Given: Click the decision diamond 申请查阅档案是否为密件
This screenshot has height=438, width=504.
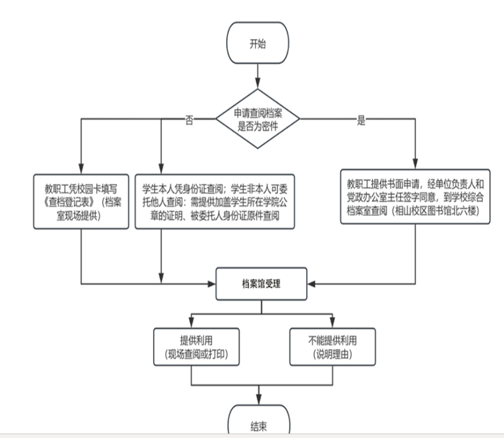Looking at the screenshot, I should click(258, 118).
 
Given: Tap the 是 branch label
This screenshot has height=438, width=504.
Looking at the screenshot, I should click(362, 121).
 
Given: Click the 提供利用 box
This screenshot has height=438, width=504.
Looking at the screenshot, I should click(191, 346).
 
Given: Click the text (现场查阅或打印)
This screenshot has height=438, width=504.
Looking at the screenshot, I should click(191, 353).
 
